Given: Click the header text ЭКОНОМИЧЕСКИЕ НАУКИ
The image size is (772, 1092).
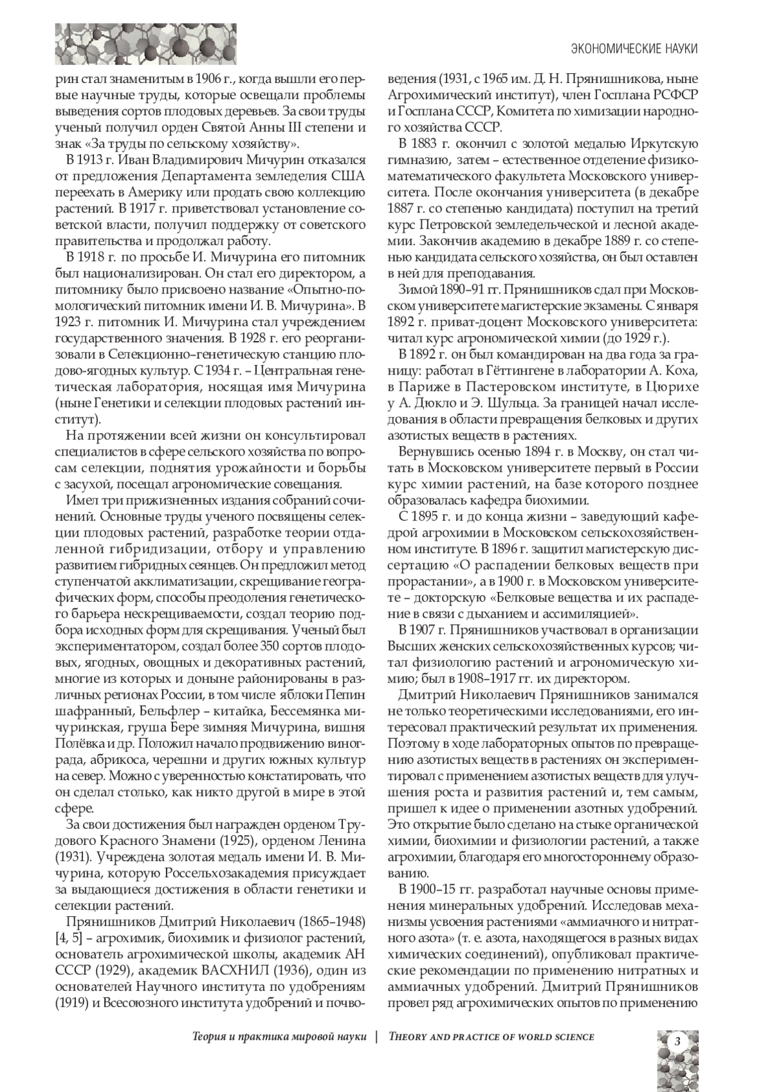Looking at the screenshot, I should click(634, 49).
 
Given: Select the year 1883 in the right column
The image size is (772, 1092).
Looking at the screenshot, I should click(422, 143).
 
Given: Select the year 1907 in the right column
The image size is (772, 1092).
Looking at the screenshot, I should click(422, 629).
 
